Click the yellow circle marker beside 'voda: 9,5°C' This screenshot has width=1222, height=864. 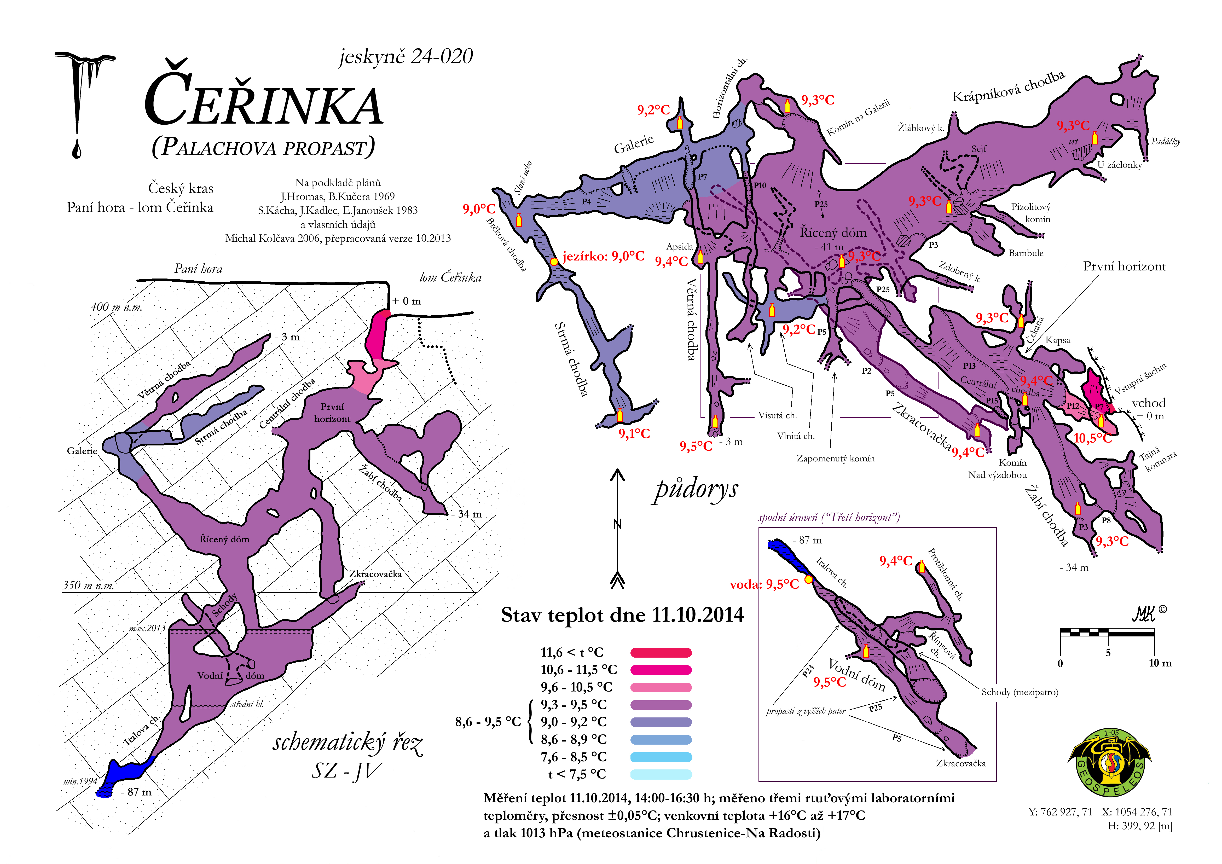(808, 579)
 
